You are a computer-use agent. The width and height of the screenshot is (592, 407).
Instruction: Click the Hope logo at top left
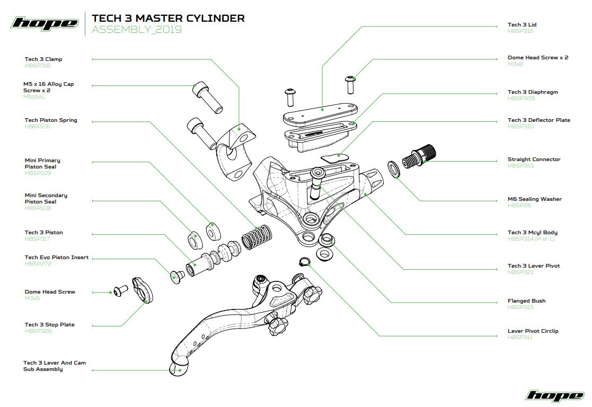tap(44, 23)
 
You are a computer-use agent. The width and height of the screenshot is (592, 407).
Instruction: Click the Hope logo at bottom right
tap(554, 395)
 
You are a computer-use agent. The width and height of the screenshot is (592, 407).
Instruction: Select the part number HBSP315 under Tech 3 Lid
tap(520, 32)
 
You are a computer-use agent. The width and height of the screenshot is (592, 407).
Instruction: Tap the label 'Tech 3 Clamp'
tap(43, 59)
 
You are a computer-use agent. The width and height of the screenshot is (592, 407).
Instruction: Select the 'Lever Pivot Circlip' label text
tap(533, 331)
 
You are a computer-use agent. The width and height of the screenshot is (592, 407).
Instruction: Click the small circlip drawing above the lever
tap(304, 261)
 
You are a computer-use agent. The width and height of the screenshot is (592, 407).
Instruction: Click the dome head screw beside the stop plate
tap(120, 291)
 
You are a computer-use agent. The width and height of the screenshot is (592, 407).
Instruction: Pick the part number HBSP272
tap(38, 264)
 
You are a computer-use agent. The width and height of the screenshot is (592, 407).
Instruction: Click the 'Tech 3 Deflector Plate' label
tap(538, 120)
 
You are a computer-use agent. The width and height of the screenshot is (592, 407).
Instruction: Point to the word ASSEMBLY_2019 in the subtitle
tap(137, 30)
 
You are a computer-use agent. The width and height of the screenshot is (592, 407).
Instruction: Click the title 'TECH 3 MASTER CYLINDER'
tap(168, 18)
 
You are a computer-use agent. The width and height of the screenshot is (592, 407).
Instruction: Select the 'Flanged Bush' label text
tap(526, 301)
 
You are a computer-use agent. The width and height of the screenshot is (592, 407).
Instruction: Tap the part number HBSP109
tap(38, 173)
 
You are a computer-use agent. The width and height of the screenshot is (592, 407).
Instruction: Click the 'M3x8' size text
tap(515, 64)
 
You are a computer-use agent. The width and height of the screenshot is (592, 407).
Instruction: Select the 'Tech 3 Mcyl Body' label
tap(532, 233)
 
